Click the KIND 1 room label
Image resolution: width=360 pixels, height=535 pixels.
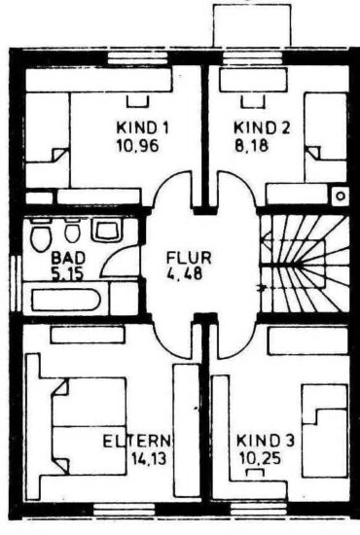(143, 128)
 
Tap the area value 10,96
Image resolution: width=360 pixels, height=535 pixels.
(138, 146)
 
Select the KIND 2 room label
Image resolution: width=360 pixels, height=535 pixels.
(262, 128)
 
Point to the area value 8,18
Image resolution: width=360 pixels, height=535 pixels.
(251, 146)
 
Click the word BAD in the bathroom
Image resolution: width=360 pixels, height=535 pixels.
(68, 258)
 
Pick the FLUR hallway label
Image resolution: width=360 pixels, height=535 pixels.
(189, 258)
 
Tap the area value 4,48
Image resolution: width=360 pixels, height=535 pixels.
(185, 273)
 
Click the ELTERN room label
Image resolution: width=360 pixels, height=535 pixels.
(136, 442)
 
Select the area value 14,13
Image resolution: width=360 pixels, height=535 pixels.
(149, 459)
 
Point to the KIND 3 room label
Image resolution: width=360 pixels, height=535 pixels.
(266, 441)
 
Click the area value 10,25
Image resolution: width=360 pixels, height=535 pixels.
(260, 458)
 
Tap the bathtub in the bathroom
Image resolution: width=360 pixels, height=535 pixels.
(65, 300)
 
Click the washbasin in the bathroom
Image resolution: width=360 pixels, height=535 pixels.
(106, 230)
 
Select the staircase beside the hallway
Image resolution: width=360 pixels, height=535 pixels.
(305, 264)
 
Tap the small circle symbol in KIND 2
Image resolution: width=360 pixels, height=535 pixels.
(341, 196)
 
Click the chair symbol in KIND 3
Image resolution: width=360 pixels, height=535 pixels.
(255, 472)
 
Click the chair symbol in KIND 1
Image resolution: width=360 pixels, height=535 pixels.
(138, 101)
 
